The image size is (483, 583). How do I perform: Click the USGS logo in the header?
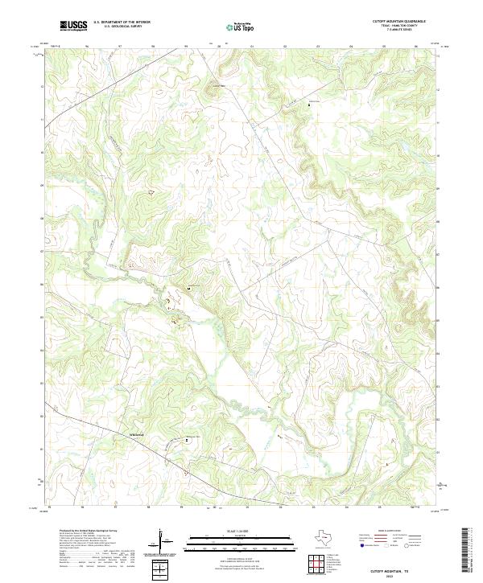74,26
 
